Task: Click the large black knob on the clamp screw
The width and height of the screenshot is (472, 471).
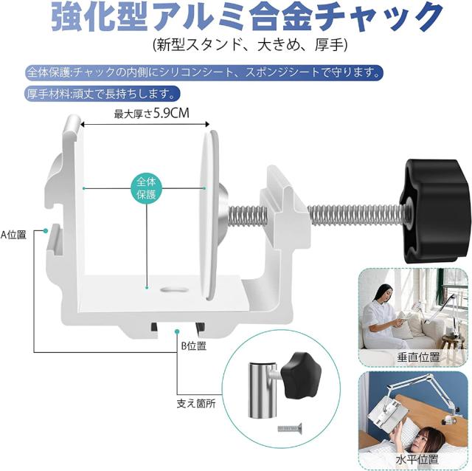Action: (x=435, y=210)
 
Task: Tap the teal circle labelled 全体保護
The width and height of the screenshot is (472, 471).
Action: (x=146, y=188)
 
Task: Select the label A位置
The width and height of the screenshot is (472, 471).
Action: (x=13, y=235)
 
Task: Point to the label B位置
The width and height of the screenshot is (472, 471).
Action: (x=193, y=346)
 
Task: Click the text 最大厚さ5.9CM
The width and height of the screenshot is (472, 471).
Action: (x=152, y=114)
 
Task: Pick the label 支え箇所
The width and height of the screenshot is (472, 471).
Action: (x=196, y=404)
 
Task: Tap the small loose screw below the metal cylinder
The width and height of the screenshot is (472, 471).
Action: (x=290, y=427)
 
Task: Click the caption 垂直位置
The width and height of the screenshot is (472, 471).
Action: (x=418, y=357)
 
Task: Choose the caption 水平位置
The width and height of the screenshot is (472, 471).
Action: (x=417, y=459)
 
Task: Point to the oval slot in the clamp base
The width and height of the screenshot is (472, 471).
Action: (x=175, y=290)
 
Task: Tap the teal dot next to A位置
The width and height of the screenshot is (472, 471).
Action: (x=46, y=231)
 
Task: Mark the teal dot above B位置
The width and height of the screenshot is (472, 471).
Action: (x=177, y=331)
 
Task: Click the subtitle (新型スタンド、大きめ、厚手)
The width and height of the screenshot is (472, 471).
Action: (x=250, y=45)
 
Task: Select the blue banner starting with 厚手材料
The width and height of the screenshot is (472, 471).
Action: (x=103, y=94)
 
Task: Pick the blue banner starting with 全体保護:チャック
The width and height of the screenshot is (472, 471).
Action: (x=204, y=73)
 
